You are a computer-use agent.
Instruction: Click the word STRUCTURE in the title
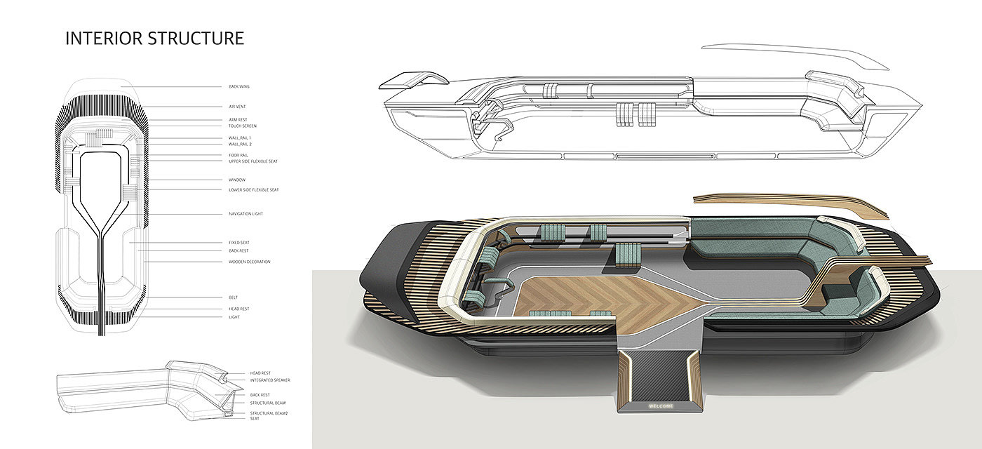point(196,38)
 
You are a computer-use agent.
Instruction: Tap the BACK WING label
point(239,86)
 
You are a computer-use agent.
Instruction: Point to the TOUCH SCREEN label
point(242,126)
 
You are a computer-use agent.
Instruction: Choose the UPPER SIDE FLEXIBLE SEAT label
point(254,161)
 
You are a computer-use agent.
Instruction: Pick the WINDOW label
point(237,180)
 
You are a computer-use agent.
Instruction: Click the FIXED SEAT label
point(239,243)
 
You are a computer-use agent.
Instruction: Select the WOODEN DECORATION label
point(249,262)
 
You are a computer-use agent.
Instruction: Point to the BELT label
point(233,297)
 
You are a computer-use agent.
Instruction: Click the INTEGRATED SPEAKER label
point(270,380)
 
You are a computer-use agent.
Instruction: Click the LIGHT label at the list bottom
point(234,317)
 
